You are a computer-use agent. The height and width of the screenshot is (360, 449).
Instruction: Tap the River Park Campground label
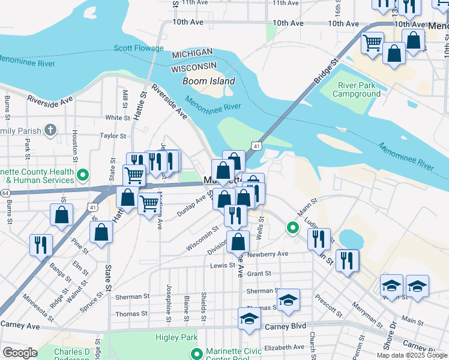point(357,89)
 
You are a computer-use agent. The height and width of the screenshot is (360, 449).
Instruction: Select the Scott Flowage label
point(139,48)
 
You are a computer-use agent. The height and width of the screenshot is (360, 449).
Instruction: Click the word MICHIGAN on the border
point(192,54)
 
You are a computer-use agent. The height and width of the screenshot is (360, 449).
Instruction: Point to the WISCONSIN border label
point(194,65)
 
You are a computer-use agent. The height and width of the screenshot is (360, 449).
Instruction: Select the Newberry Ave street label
point(271,254)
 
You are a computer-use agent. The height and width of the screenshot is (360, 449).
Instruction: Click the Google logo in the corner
point(20,353)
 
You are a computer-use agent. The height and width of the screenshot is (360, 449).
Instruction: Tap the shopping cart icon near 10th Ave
point(372,43)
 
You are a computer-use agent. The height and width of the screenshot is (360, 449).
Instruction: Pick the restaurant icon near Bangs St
point(41,244)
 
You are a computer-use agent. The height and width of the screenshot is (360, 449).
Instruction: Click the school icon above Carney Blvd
point(249,319)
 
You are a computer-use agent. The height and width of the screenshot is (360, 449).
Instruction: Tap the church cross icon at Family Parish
point(50,130)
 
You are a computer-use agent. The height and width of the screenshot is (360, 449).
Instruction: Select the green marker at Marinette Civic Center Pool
point(194,353)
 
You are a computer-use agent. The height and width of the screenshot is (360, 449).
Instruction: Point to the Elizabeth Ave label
point(285,347)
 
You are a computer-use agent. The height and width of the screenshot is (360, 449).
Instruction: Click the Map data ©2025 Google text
point(412,355)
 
